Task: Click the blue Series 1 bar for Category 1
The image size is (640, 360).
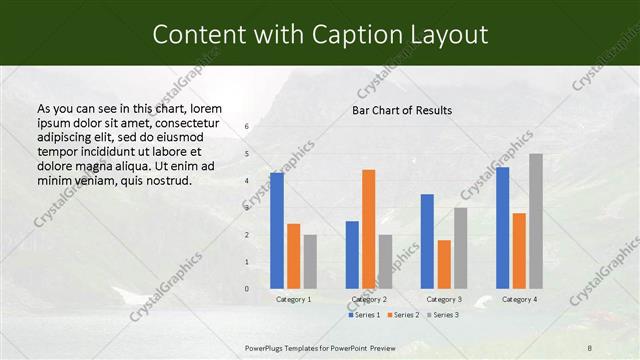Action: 277,231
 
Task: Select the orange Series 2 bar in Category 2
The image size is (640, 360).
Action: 369,229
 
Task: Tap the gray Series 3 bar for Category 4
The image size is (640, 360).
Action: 536,221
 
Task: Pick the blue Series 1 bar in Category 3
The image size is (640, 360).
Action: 427,241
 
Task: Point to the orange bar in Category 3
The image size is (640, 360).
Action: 444,264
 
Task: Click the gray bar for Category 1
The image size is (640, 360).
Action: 310,261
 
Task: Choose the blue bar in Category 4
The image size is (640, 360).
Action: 502,228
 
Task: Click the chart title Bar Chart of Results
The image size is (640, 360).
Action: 402,110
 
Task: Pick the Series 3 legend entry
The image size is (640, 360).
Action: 443,315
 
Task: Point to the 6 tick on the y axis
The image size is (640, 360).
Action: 247,127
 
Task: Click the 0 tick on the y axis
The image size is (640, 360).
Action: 247,289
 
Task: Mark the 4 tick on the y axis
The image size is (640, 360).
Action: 247,181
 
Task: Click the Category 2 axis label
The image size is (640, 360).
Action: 369,299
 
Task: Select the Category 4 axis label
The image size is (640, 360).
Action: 519,299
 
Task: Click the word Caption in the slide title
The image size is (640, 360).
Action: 356,35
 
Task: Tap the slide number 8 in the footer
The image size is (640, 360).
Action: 589,346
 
